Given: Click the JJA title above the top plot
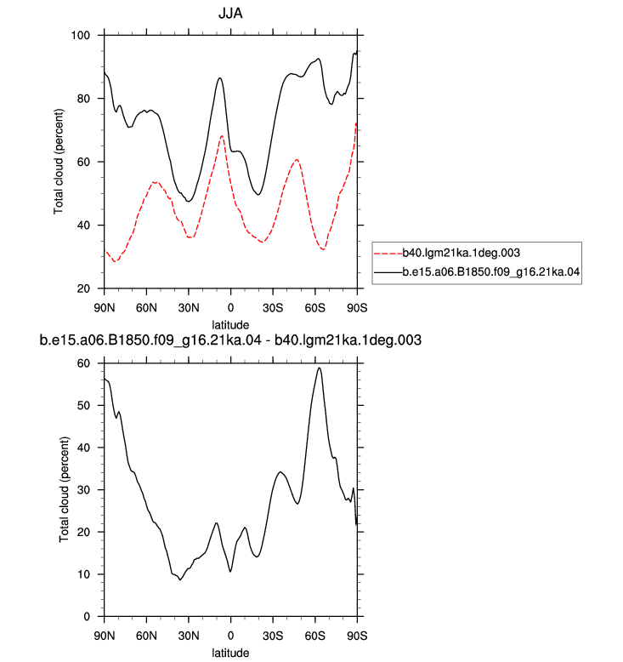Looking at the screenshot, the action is [230, 14].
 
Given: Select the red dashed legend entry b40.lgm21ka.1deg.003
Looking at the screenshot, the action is [447, 253].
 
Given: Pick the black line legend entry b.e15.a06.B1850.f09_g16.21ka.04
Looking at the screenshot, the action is [477, 272].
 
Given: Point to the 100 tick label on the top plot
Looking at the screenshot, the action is [81, 36].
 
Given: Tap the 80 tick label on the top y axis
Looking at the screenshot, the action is [83, 99].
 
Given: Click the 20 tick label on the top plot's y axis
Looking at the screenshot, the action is [83, 288].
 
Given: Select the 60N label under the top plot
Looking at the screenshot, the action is [146, 308].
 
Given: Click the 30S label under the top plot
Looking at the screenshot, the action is [273, 308].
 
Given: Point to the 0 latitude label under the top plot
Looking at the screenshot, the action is [230, 308].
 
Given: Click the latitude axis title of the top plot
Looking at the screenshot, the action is [230, 325].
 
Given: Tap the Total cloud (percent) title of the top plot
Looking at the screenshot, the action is [59, 162].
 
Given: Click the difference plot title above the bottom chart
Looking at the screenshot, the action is [230, 340].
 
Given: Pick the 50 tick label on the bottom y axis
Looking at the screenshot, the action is [83, 406].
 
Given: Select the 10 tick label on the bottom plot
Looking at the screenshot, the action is [83, 574].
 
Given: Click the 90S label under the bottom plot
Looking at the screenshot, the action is [357, 636].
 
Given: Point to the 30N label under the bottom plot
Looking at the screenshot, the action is [189, 636].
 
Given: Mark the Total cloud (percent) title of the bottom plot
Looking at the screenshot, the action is [64, 490].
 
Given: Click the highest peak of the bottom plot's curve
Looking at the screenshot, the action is [320, 368].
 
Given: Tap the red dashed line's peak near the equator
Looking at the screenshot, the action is [222, 136].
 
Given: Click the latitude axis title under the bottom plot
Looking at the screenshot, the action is [230, 653].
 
